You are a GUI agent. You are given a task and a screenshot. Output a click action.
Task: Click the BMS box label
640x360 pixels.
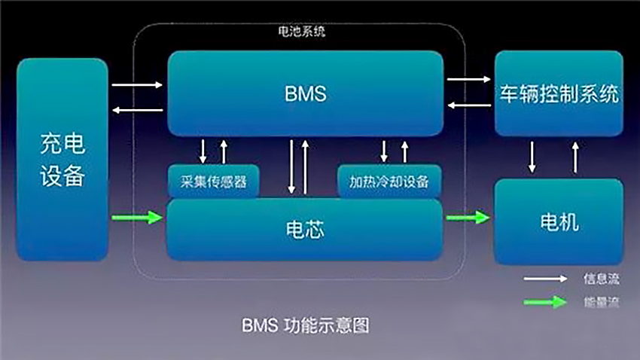pos(305,94)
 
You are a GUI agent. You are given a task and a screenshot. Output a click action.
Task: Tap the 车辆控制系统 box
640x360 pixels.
pos(559,94)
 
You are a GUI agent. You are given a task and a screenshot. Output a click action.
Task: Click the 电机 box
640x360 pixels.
pos(559,222)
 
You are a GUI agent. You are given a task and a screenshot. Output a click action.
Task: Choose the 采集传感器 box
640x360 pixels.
pos(213,182)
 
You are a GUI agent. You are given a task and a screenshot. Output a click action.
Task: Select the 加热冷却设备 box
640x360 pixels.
pos(389,182)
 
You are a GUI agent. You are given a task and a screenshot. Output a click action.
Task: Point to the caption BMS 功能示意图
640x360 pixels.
pos(306,326)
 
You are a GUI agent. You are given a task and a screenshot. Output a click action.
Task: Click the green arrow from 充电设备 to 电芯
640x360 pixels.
pos(137,218)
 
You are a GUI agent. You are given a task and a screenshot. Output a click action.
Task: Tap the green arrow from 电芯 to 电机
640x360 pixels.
pos(467,218)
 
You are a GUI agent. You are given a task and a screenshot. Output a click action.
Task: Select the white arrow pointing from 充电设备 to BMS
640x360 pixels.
pos(137,85)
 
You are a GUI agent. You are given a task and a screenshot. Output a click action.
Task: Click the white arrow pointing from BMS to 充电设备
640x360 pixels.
pos(137,111)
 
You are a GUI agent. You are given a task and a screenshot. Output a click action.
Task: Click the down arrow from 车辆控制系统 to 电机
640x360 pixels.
pos(532,156)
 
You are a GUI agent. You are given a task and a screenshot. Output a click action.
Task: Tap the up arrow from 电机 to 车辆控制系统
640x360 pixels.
pos(576,156)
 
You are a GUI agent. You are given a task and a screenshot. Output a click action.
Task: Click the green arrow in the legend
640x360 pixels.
pos(545,302)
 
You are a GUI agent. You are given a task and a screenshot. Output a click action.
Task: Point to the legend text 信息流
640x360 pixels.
pos(601,279)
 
